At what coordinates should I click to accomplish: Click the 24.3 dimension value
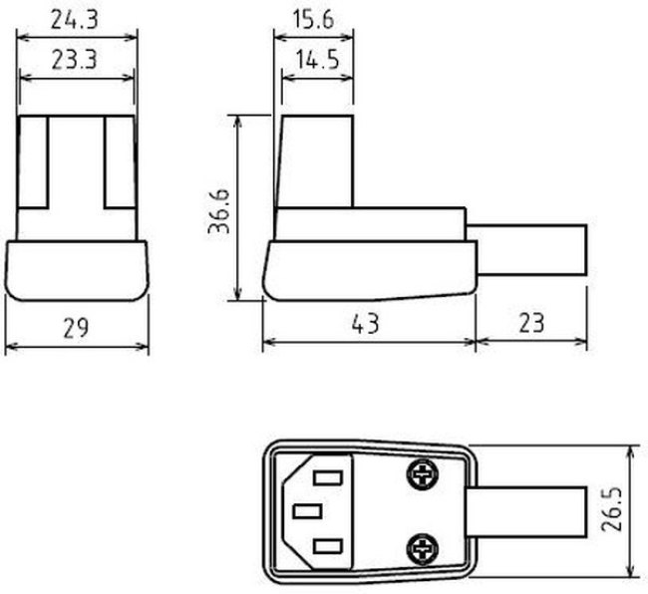(x=75, y=20)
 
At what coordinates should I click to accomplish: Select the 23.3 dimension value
(x=75, y=60)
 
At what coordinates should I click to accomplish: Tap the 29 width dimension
(x=76, y=328)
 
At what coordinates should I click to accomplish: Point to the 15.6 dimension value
(x=313, y=20)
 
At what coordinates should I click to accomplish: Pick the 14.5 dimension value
(x=317, y=60)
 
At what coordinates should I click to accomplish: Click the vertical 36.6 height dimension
(x=218, y=211)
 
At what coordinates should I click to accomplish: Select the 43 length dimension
(x=366, y=324)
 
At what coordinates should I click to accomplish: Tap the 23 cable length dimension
(x=531, y=323)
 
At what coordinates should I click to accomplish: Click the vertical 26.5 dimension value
(x=612, y=509)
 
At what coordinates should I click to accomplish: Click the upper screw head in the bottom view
(x=422, y=474)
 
